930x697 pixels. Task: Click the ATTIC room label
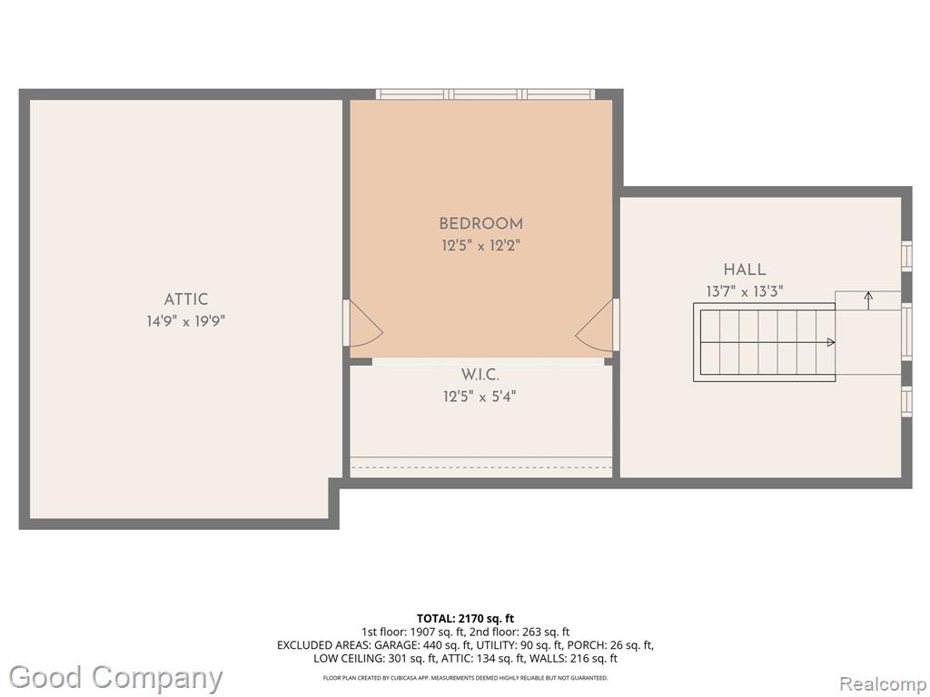click(x=185, y=299)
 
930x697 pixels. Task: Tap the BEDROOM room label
click(x=481, y=224)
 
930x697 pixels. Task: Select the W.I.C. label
click(x=480, y=375)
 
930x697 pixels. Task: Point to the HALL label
click(x=745, y=270)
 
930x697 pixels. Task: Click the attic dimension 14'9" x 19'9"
click(x=186, y=321)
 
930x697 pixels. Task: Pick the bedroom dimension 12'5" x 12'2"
click(x=480, y=245)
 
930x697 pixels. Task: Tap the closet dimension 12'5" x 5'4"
click(x=480, y=396)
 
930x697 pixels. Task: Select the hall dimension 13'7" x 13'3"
click(x=745, y=291)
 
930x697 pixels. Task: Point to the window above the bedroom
click(x=485, y=94)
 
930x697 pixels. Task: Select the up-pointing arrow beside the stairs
click(x=868, y=301)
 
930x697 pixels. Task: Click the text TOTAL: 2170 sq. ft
click(x=465, y=619)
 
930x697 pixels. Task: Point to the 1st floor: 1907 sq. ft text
click(x=407, y=633)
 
